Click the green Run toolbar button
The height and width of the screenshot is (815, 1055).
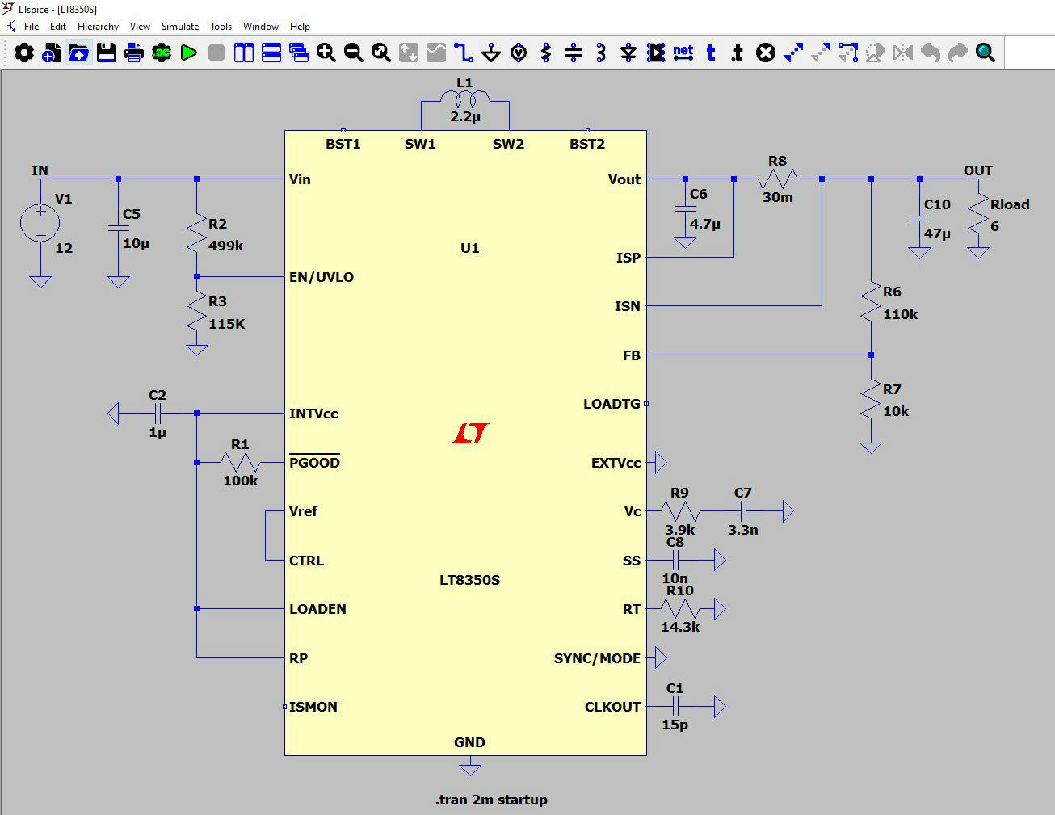click(189, 53)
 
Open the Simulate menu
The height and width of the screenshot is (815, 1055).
click(179, 27)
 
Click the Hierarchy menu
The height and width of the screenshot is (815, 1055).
click(98, 27)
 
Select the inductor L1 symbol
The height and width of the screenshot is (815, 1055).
click(464, 99)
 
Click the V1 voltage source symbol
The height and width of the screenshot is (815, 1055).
click(40, 223)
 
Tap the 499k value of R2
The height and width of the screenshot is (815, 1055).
click(225, 246)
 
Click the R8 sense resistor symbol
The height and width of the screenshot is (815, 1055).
click(777, 179)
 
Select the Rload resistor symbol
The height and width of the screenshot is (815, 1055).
click(977, 214)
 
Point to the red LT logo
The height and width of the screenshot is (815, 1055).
click(470, 434)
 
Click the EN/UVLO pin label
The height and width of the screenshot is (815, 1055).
click(322, 277)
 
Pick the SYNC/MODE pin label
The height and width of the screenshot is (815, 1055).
click(597, 658)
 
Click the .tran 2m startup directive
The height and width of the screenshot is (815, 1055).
click(491, 800)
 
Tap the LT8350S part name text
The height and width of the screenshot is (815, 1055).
click(469, 580)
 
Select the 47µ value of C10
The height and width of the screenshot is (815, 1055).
click(937, 233)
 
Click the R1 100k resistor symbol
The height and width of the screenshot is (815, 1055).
click(240, 463)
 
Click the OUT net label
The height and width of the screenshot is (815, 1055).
click(977, 170)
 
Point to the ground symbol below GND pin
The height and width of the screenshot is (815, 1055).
click(469, 768)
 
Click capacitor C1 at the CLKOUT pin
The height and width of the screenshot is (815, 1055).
click(675, 707)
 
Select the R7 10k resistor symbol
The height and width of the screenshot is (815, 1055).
click(871, 400)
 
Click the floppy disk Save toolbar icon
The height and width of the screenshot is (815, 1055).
click(107, 53)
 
